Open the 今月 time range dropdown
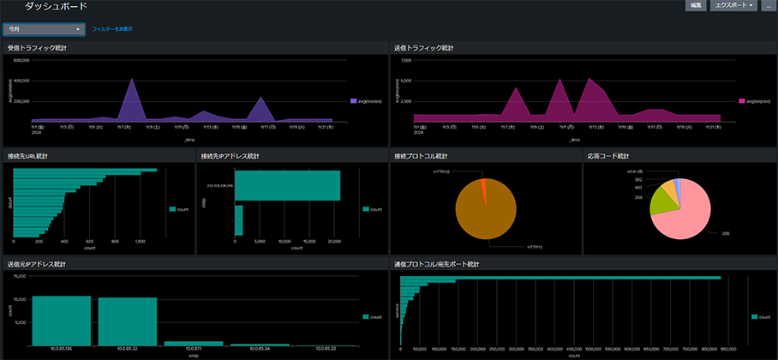[43, 29]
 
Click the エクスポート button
[733, 6]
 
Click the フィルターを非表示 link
[111, 29]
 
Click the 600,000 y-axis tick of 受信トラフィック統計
[19, 81]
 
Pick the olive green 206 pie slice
[659, 203]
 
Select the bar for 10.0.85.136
[61, 321]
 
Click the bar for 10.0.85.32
[127, 321]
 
